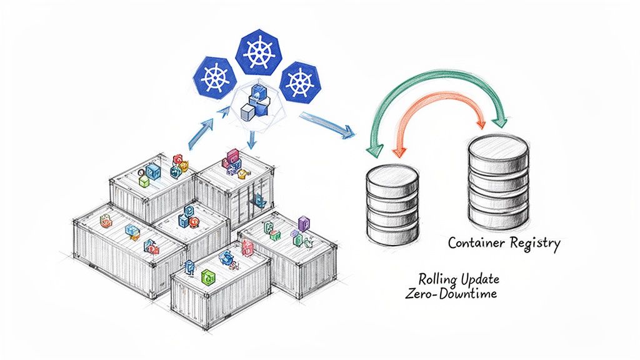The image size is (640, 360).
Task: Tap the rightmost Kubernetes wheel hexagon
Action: coord(299,82)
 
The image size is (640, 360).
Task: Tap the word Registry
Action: coord(535,244)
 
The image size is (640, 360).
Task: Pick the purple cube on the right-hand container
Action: coord(304,223)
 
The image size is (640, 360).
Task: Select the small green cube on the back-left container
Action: coord(144,181)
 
